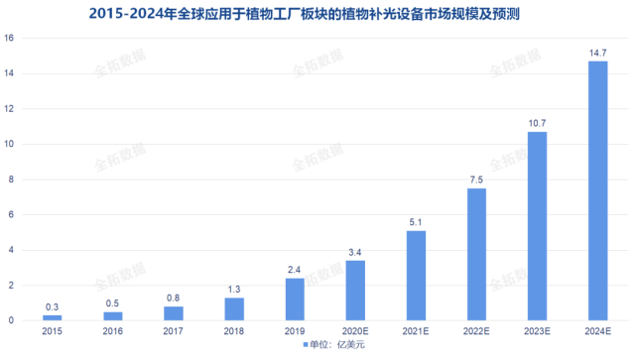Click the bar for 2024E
pyautogui.click(x=597, y=191)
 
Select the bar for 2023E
pyautogui.click(x=537, y=226)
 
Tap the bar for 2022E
pyautogui.click(x=476, y=255)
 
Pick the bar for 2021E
pyautogui.click(x=416, y=276)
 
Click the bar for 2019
pyautogui.click(x=295, y=300)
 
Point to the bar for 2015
pyautogui.click(x=53, y=317)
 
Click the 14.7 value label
pyautogui.click(x=597, y=53)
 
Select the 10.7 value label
pyautogui.click(x=537, y=123)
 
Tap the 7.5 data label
pyautogui.click(x=476, y=180)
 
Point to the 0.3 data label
pyautogui.click(x=53, y=306)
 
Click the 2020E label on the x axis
pyautogui.click(x=355, y=332)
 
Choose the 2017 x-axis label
pyautogui.click(x=174, y=332)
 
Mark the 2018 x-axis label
pyautogui.click(x=234, y=332)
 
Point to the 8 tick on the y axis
pyautogui.click(x=10, y=180)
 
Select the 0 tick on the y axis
pyautogui.click(x=10, y=320)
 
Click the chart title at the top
pyautogui.click(x=318, y=13)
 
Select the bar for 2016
pyautogui.click(x=113, y=316)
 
